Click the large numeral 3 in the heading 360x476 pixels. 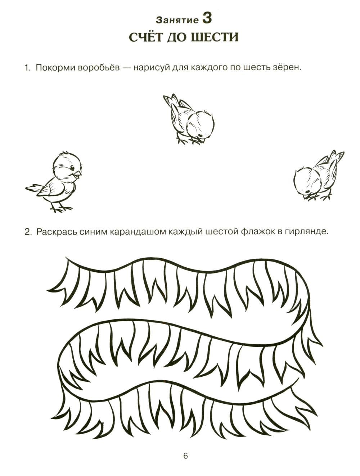(207, 18)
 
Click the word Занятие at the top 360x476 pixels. (177, 20)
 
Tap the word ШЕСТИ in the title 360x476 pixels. (215, 38)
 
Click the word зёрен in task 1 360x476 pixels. (288, 68)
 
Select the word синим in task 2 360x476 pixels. (93, 232)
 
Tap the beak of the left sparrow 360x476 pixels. (78, 174)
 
